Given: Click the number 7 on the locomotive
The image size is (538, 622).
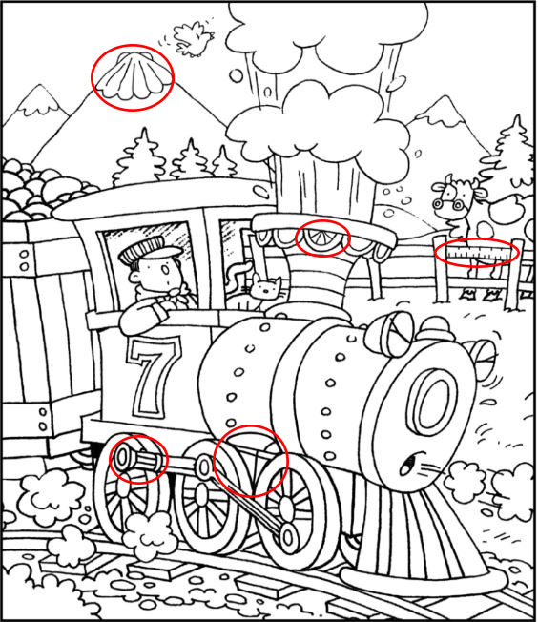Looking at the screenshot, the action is click(153, 377).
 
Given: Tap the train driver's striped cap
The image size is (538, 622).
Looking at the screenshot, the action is click(149, 250).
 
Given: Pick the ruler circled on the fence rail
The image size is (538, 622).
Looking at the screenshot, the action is click(477, 252).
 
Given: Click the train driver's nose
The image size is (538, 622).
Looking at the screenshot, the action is click(165, 271).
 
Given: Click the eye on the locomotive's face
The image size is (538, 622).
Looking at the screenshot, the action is click(408, 464).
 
